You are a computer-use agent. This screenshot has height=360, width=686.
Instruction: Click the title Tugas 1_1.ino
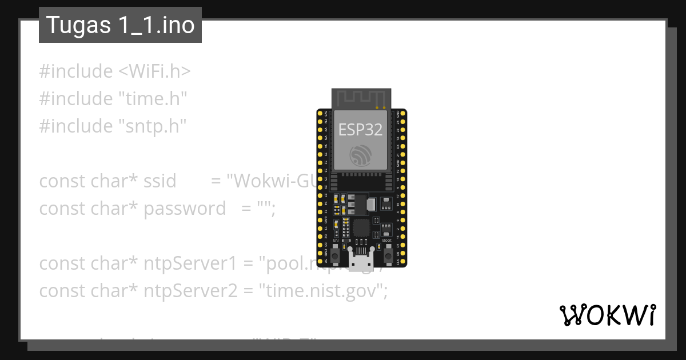click(120, 25)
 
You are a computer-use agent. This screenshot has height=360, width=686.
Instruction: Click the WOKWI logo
click(607, 315)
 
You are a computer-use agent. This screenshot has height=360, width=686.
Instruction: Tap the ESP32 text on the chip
click(360, 130)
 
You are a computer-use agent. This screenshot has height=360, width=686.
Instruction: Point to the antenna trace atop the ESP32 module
click(361, 97)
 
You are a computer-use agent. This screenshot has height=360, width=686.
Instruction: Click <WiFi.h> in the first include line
click(154, 71)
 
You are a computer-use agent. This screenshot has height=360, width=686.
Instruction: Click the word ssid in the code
click(160, 181)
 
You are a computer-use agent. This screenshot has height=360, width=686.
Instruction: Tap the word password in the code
click(185, 209)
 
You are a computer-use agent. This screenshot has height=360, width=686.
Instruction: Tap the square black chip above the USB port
click(361, 227)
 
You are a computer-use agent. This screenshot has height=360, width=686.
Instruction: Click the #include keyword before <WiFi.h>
click(76, 71)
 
